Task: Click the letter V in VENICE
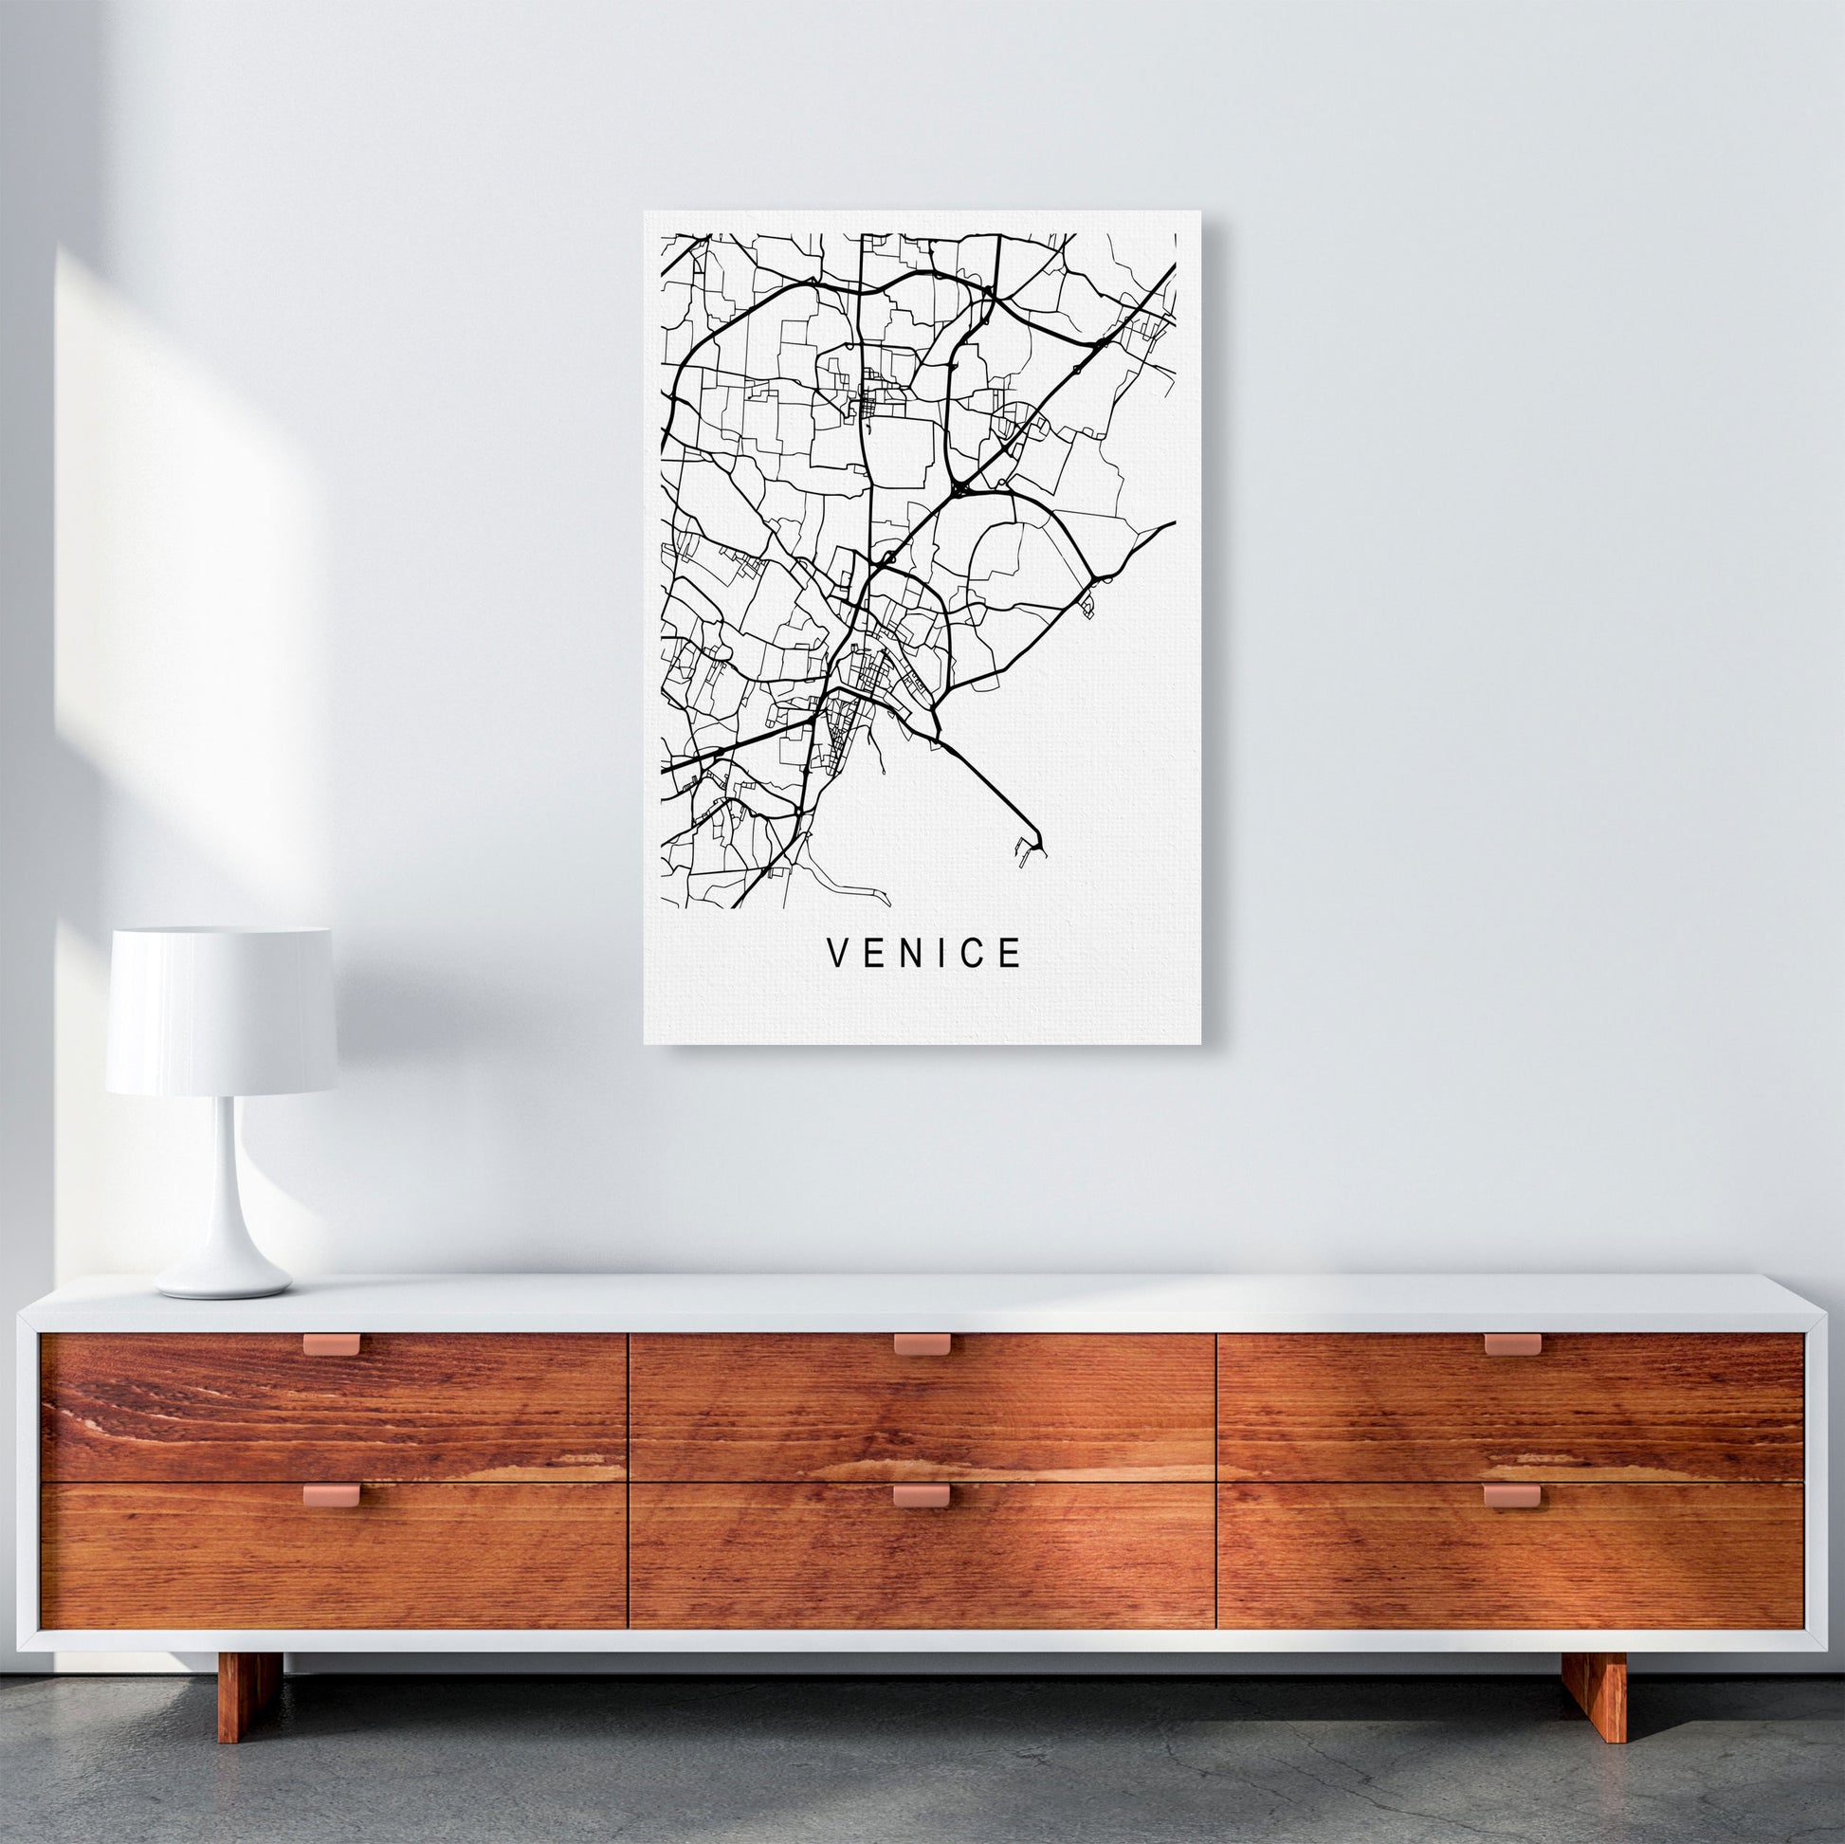pyautogui.click(x=836, y=953)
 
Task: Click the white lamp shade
pyautogui.click(x=221, y=1013)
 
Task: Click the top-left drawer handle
pyautogui.click(x=332, y=1344)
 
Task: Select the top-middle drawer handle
pyautogui.click(x=922, y=1344)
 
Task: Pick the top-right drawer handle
pyautogui.click(x=1511, y=1344)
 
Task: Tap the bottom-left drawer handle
pyautogui.click(x=332, y=1493)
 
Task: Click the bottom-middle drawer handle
pyautogui.click(x=922, y=1494)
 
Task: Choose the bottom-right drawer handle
pyautogui.click(x=1511, y=1494)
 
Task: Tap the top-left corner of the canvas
pyautogui.click(x=646, y=212)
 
